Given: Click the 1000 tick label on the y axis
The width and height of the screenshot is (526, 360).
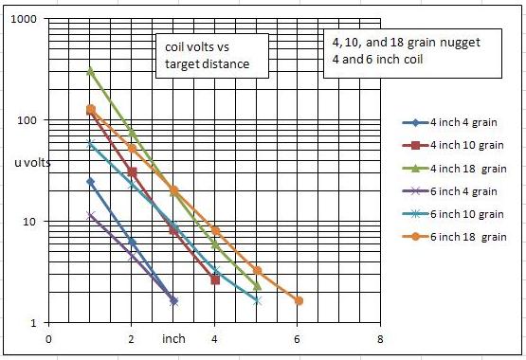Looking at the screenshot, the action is tap(24, 19).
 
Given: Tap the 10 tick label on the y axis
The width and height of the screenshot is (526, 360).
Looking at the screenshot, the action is tap(29, 222).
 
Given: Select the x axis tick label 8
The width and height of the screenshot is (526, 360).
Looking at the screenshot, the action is tap(380, 339).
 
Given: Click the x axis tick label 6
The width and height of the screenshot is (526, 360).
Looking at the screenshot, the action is tap(297, 339).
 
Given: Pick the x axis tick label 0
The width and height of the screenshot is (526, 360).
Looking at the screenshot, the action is tap(48, 339).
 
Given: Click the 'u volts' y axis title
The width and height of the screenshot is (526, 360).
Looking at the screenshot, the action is tap(32, 163).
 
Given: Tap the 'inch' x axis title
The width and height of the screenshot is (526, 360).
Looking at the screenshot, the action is tap(173, 338).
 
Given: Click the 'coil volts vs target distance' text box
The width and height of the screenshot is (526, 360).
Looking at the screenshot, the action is tap(212, 56).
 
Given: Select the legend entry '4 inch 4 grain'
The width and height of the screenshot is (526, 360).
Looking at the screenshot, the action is tap(449, 122).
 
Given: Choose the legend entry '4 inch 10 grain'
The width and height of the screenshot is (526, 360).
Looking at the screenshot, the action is tap(453, 145).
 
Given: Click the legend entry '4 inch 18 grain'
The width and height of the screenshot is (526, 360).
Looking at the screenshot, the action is tap(454, 169).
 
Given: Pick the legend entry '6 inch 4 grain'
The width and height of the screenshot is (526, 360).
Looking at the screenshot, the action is tap(449, 191).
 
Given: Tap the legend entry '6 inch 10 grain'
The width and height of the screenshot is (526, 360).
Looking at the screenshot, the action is tap(453, 214).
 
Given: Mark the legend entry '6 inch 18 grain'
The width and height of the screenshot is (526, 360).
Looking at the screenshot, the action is tap(454, 237).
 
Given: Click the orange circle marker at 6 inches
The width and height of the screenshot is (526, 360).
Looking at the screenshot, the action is tap(299, 300).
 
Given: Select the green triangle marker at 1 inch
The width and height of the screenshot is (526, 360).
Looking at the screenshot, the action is tap(90, 71).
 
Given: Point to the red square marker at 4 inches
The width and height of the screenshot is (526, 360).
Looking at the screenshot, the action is tap(215, 279).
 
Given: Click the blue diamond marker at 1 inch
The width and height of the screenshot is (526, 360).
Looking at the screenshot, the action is tap(90, 182).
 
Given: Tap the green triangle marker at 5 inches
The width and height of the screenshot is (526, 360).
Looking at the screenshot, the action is tap(257, 286).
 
